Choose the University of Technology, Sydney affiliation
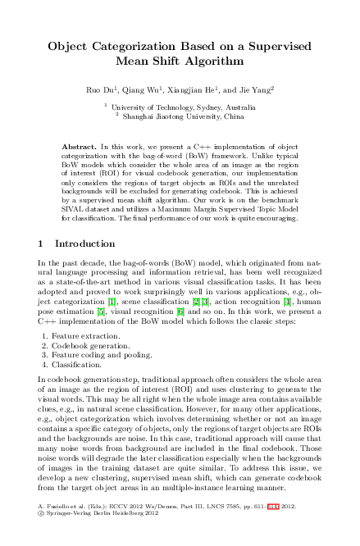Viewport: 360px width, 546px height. click(x=184, y=107)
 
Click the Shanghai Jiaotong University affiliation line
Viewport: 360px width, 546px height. click(x=184, y=116)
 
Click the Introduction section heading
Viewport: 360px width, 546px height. click(x=84, y=244)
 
